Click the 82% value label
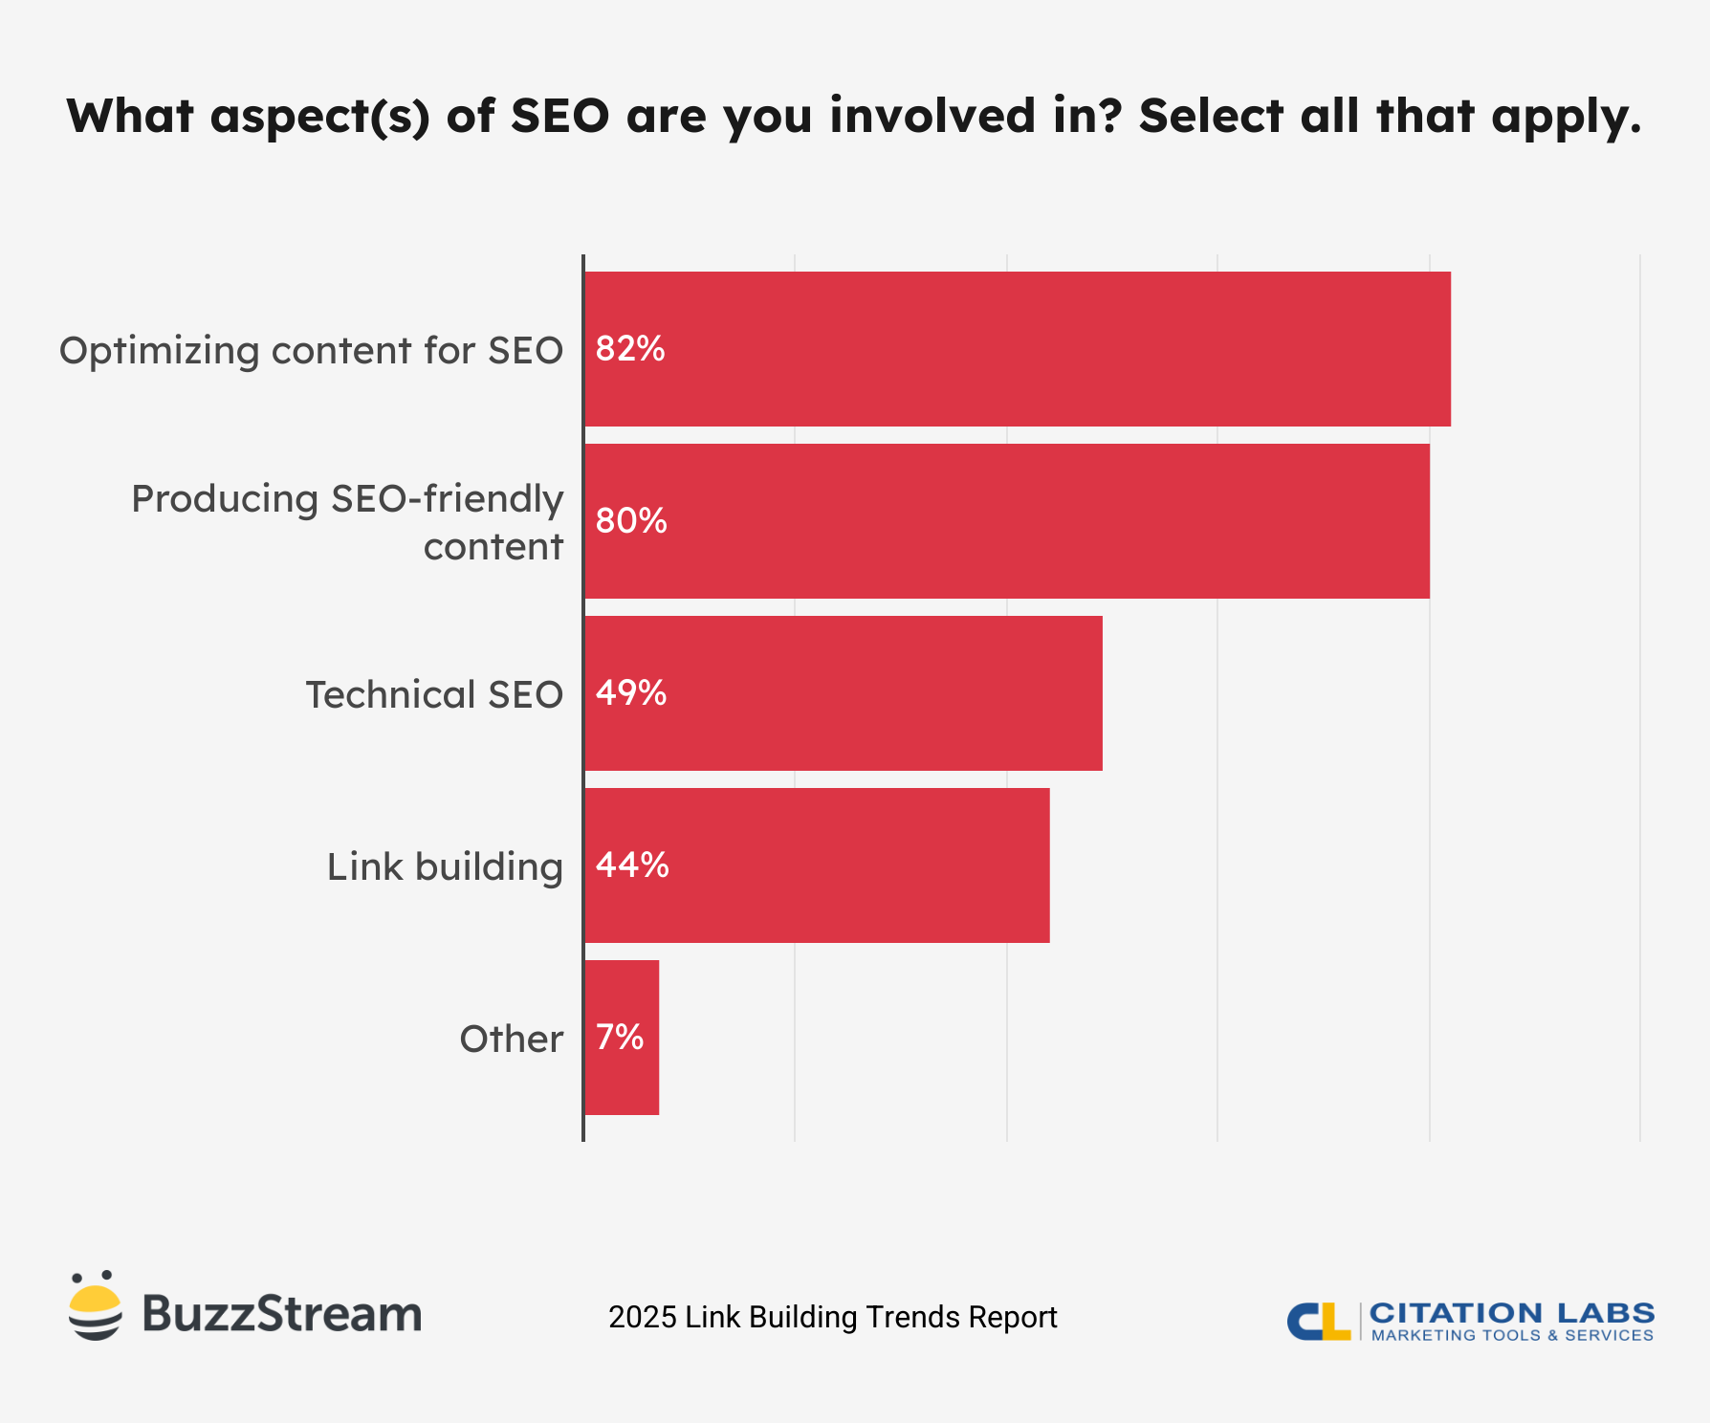tap(629, 349)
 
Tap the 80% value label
tap(631, 521)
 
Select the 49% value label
tap(631, 693)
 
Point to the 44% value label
tap(632, 865)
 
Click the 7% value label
tap(620, 1038)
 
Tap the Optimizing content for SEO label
tap(311, 351)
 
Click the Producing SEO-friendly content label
tap(347, 522)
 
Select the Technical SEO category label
tap(434, 695)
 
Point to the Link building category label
tap(445, 867)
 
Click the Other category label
tap(511, 1040)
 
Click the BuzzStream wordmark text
tap(281, 1314)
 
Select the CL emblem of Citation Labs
tap(1318, 1321)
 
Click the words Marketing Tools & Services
tap(1512, 1335)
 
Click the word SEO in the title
tap(559, 116)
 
